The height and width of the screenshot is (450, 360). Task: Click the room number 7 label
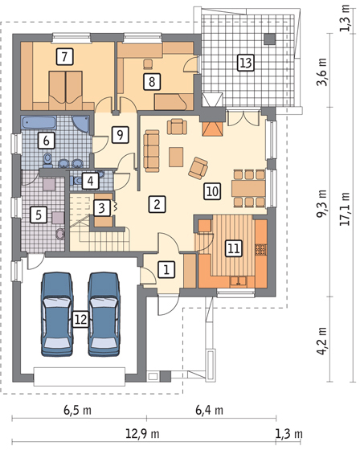coord(64,56)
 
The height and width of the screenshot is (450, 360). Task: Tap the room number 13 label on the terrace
coord(246,63)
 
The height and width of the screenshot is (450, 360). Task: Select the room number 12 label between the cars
coord(80,319)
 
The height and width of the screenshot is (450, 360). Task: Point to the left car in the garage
coord(57,314)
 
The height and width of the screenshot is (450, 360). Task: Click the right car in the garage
coord(104,314)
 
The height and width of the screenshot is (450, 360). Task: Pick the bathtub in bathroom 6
coord(39,123)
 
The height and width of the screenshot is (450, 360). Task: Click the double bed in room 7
coord(66,90)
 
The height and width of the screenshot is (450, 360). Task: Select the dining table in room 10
coord(248,188)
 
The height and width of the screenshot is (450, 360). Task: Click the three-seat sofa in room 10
coord(152,151)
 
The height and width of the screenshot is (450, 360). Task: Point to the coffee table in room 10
coord(176,157)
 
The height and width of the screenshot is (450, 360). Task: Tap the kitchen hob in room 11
coord(260,249)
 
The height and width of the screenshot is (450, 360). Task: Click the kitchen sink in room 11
coord(238,280)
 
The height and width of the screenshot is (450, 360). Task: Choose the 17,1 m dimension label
coord(345,209)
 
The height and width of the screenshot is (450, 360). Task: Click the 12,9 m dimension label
coord(142,433)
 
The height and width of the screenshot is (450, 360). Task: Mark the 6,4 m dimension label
coord(209,410)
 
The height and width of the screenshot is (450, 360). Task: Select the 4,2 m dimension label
coord(321,341)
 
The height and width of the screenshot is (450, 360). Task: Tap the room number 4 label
coord(91,181)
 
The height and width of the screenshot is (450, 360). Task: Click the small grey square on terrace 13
coord(270,39)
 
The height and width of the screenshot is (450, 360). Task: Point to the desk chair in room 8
coord(148,64)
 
